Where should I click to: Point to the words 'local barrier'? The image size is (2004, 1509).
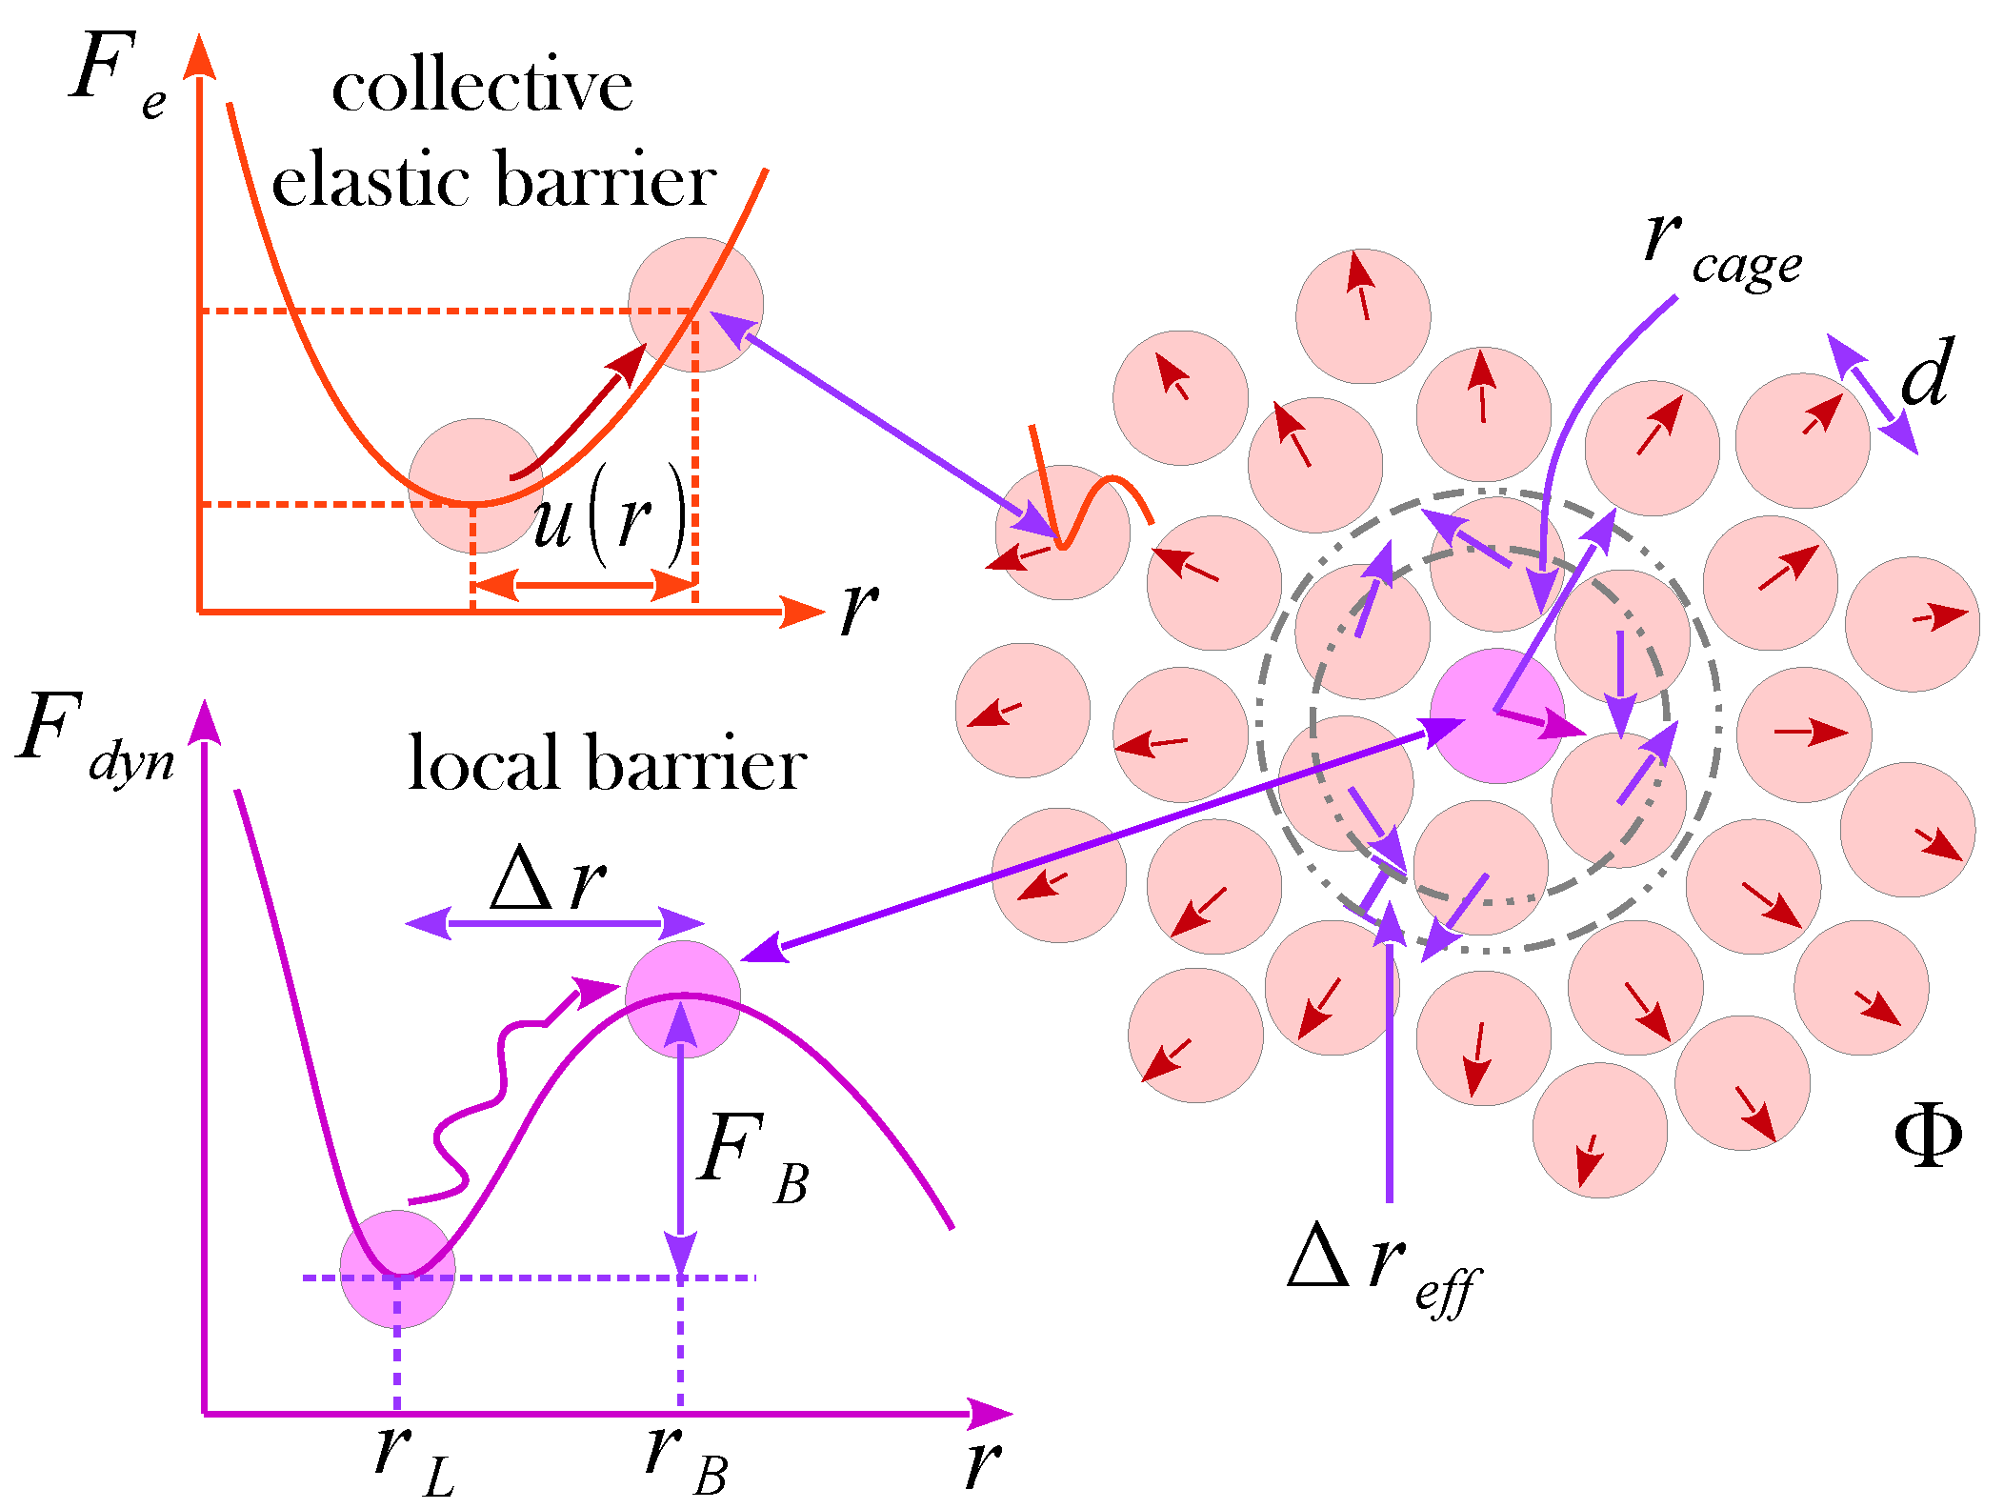(x=607, y=764)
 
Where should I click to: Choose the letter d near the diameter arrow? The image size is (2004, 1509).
(x=1926, y=373)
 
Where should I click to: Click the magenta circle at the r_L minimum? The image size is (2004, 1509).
(x=397, y=1269)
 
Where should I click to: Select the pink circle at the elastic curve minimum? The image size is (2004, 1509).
(x=475, y=486)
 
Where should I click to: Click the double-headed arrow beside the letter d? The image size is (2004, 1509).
(x=1871, y=393)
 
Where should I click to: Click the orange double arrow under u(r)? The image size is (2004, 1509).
(x=584, y=584)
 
